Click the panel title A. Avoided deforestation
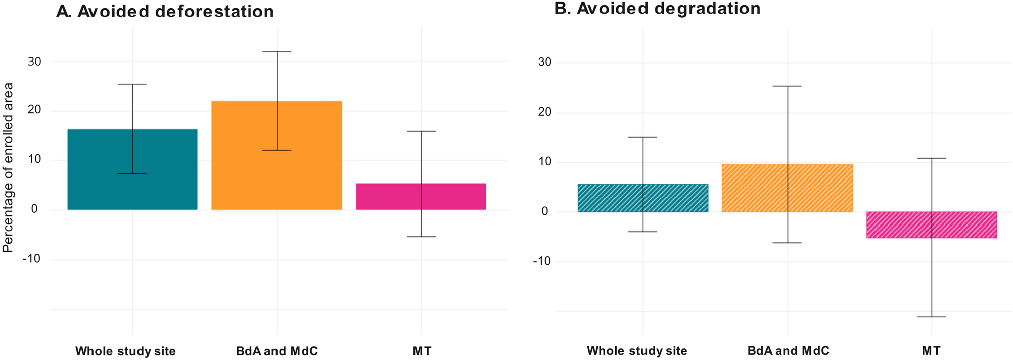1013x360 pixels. [x=165, y=11]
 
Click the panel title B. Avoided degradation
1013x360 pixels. [x=657, y=9]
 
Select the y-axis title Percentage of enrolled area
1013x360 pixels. [x=8, y=168]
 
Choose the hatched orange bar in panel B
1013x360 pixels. [x=753, y=188]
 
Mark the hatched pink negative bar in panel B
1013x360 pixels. [x=900, y=225]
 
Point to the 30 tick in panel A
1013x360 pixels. [x=34, y=62]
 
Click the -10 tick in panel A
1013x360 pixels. [x=31, y=259]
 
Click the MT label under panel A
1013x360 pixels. [x=422, y=351]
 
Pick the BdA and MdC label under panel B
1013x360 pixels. [x=788, y=351]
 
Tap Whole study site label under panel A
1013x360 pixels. [x=125, y=351]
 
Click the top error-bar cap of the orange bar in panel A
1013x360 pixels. [x=277, y=51]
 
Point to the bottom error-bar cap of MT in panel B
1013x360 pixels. [x=931, y=317]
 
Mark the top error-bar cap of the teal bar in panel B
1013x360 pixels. [x=643, y=137]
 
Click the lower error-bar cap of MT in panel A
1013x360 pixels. [x=421, y=237]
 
